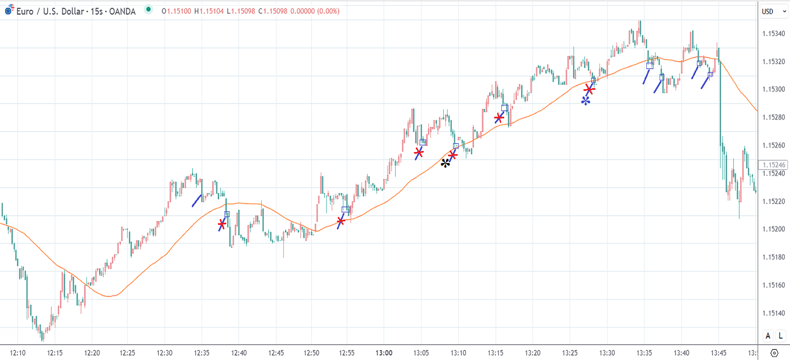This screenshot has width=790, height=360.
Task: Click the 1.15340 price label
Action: point(773,34)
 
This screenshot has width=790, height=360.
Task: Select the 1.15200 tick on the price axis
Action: point(773,229)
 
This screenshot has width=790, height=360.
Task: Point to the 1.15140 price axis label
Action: point(773,313)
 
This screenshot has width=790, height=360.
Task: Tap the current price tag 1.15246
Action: point(774,165)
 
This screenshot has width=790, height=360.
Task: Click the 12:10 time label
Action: point(17,352)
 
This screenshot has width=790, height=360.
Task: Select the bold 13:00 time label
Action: point(384,352)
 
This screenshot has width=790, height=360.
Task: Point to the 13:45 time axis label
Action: point(719,352)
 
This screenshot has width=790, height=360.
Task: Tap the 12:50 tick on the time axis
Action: point(311,352)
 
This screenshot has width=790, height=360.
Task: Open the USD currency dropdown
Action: point(774,11)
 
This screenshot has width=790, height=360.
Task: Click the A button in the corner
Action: point(768,336)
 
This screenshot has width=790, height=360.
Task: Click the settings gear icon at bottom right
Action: point(774,353)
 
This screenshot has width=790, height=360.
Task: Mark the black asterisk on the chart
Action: point(446,163)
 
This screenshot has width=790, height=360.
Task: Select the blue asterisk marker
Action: point(586,101)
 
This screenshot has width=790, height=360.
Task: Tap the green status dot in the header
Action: point(148,9)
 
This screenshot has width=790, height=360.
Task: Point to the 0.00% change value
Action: point(328,11)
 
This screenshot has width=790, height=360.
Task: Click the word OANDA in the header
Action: point(122,11)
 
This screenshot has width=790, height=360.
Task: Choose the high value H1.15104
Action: point(209,11)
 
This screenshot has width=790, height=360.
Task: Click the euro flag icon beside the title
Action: point(9,10)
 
